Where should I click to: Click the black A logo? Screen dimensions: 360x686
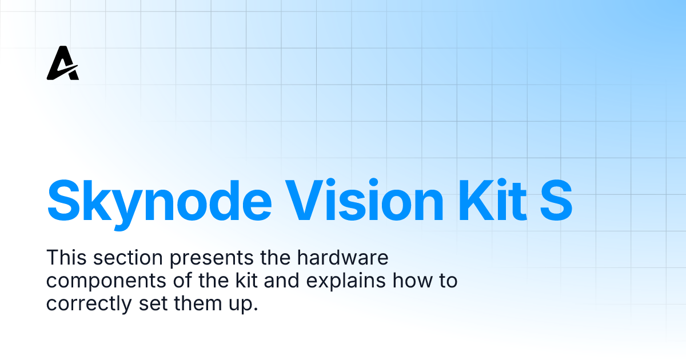point(62,63)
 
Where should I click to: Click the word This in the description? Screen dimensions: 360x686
point(64,258)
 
